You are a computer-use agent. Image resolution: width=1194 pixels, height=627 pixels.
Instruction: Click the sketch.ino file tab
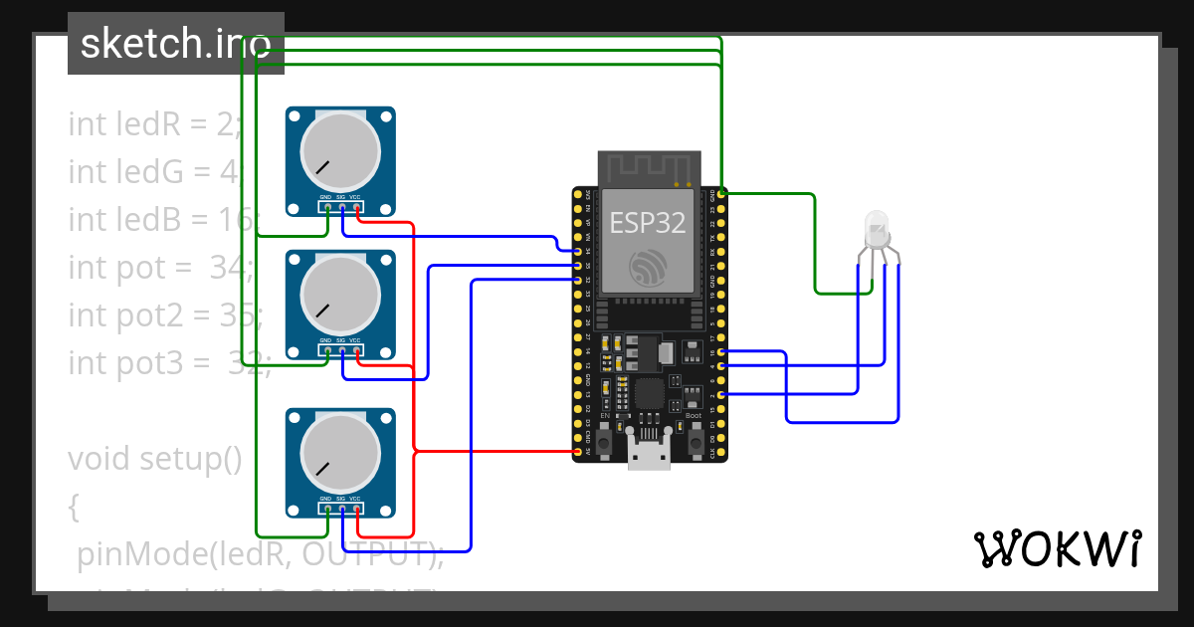coord(175,44)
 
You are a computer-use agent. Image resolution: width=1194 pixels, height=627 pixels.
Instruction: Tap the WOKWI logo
coord(1057,548)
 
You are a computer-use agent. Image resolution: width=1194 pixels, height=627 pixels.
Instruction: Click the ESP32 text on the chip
coord(647,223)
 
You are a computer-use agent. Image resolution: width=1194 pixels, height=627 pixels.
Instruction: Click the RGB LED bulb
coord(877,229)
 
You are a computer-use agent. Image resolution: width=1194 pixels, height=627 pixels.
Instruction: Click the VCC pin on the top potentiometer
coord(356,208)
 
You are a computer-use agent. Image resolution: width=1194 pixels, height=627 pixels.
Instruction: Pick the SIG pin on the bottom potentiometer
coord(341,510)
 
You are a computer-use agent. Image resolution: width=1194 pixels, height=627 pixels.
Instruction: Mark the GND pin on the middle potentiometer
coord(325,350)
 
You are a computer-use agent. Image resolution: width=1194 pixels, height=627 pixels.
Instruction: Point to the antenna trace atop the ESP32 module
coord(649,167)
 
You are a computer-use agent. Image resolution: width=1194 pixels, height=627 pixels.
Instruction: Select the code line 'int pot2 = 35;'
coord(165,315)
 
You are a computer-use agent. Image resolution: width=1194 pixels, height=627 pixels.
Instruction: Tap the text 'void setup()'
coord(155,459)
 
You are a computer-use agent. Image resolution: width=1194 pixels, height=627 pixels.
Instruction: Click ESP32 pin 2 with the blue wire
coord(720,394)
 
